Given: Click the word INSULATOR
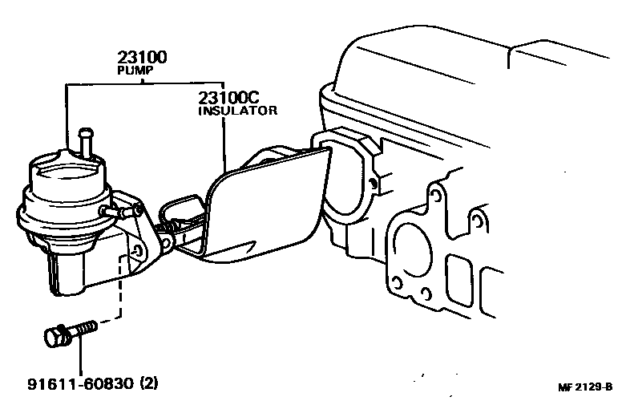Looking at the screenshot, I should click(x=237, y=111).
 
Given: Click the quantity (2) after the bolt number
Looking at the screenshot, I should click(x=148, y=383).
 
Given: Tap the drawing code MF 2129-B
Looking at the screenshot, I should click(x=584, y=388).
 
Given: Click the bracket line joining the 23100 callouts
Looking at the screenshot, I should click(x=144, y=83).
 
